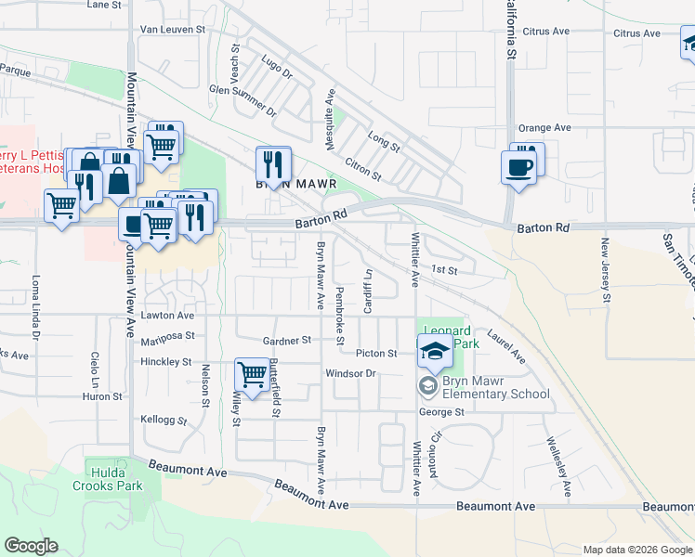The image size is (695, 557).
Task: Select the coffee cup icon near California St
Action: (x=518, y=168)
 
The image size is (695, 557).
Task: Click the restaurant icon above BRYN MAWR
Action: (x=273, y=164)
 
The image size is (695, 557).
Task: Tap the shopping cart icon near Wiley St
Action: (x=252, y=375)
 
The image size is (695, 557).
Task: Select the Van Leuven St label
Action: (x=175, y=30)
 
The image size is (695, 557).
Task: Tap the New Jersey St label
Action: (x=605, y=271)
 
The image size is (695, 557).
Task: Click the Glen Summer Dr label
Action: (x=243, y=100)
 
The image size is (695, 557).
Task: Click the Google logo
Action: (x=31, y=546)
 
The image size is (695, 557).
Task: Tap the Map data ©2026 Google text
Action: (x=636, y=550)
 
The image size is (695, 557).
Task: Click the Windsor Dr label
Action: (x=349, y=373)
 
